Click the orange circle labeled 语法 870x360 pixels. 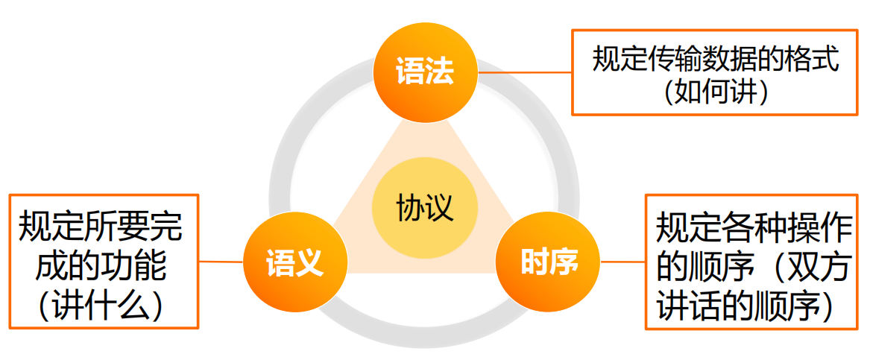click(424, 72)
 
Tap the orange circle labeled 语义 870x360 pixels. click(295, 262)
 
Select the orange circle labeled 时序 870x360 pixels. click(549, 262)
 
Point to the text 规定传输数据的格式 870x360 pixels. click(716, 59)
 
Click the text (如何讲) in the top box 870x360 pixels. click(716, 92)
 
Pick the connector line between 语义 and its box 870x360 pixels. click(221, 262)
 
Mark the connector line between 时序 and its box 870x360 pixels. click(622, 262)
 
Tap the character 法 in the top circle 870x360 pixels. click(439, 72)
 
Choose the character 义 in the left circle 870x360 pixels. click(309, 262)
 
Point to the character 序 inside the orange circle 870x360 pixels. click(564, 262)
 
